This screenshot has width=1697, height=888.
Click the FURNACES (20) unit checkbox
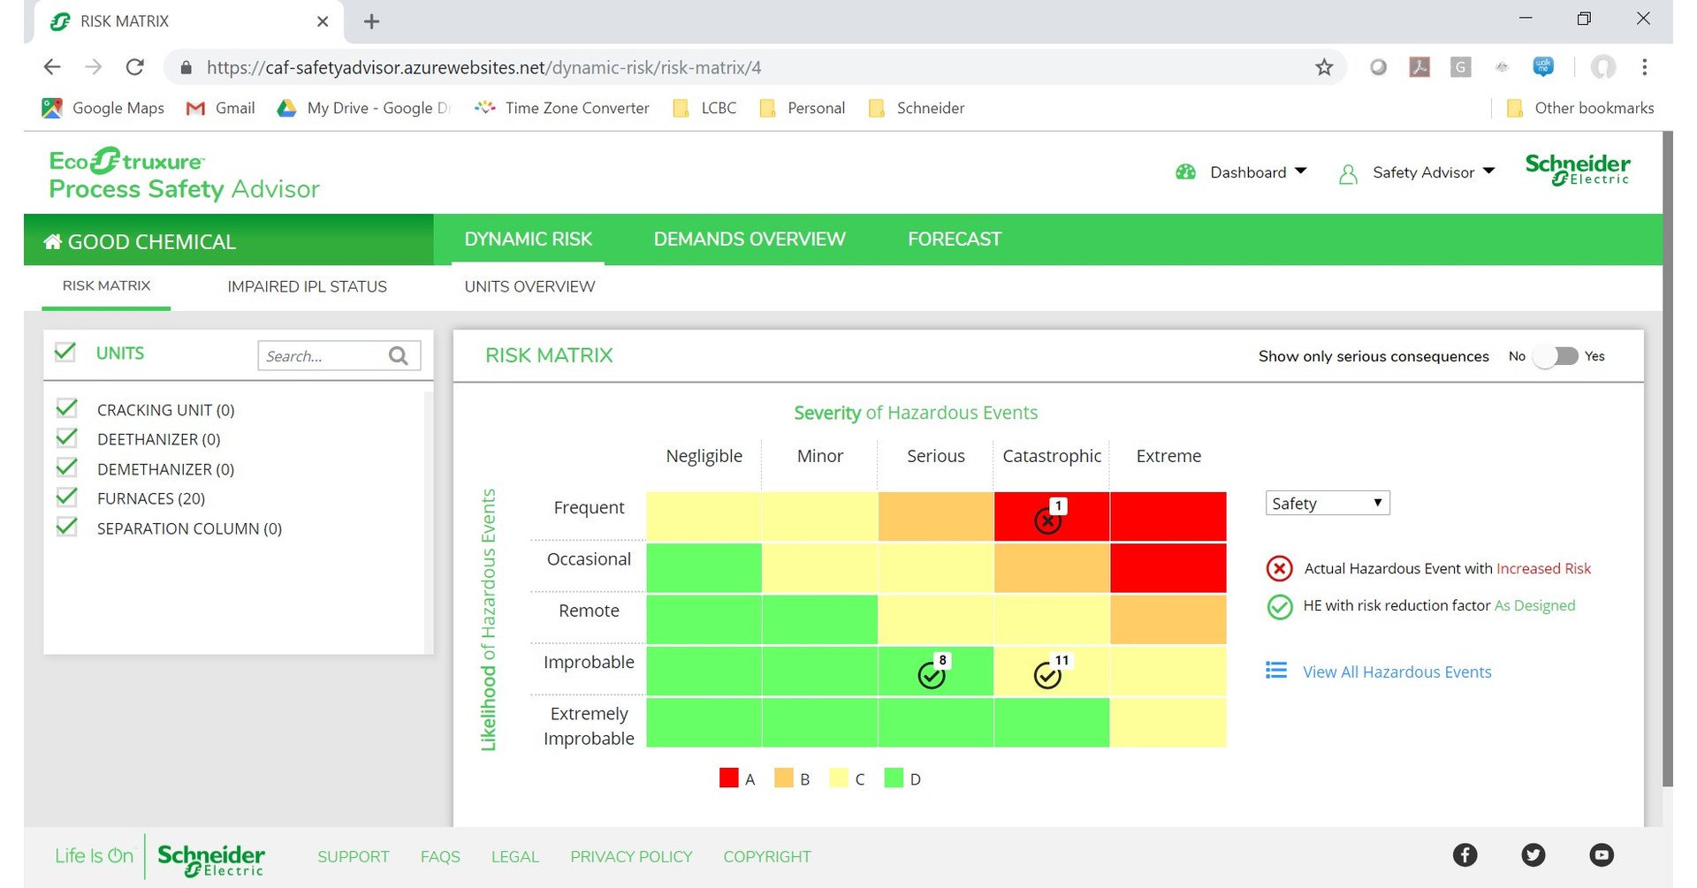66,497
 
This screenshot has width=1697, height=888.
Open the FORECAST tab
955,239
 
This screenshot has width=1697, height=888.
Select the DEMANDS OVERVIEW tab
749,239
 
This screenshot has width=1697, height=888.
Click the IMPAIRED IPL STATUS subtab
307,286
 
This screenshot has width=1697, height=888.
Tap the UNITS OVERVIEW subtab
529,286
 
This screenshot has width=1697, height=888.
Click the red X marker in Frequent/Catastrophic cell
1047,521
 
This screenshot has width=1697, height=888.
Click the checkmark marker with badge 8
932,676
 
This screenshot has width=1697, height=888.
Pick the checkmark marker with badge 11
1047,676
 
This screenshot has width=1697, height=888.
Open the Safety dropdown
1327,504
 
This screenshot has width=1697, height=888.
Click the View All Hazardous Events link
1396,672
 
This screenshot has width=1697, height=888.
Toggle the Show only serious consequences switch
1556,356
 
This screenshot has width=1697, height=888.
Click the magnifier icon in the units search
399,355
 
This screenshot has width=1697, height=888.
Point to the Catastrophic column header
1052,456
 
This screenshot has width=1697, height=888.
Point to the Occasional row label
589,559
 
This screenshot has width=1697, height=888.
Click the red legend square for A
728,778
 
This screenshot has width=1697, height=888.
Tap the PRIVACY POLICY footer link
631,856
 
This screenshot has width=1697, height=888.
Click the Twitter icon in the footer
1533,854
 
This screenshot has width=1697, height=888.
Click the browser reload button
135,67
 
